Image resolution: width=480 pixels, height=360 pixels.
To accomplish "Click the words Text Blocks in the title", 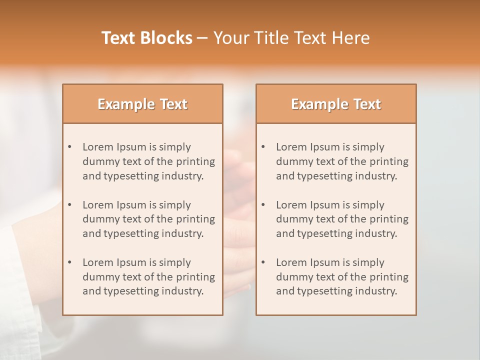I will tap(147, 38).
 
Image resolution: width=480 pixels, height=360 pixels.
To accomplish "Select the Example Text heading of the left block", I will tap(142, 104).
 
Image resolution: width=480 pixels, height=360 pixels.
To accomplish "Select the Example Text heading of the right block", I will tap(336, 104).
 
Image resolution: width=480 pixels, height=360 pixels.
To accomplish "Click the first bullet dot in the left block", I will tap(70, 147).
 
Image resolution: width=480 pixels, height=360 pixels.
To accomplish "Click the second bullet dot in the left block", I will tap(70, 205).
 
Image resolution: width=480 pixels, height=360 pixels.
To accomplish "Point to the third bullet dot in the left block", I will tap(70, 262).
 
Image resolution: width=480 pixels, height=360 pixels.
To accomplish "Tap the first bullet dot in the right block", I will tap(263, 147).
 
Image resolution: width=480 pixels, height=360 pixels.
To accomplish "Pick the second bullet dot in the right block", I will tap(263, 205).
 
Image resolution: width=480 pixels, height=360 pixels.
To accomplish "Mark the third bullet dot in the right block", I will tap(263, 262).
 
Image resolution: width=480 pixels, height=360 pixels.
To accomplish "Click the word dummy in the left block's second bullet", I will tap(98, 219).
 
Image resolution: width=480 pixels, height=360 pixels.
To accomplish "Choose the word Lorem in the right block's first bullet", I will tap(291, 147).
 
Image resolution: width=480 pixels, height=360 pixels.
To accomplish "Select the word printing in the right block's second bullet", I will tap(387, 219).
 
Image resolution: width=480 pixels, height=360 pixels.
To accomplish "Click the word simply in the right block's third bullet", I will tap(368, 262).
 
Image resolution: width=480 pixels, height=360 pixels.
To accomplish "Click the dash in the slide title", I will tap(202, 38).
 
